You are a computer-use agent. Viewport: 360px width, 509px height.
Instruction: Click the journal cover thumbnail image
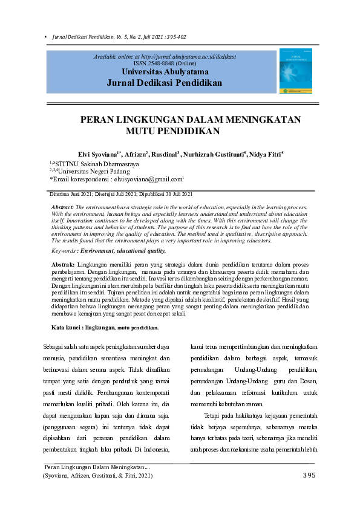click(295, 72)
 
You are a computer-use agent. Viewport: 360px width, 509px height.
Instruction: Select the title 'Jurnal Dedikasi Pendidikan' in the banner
click(164, 83)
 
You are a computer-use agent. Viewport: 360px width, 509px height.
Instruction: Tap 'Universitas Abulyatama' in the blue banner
click(164, 71)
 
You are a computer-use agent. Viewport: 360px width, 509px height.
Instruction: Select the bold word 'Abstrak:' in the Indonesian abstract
click(63, 265)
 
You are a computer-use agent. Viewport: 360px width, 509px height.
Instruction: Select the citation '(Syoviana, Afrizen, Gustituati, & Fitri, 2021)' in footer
click(97, 476)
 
